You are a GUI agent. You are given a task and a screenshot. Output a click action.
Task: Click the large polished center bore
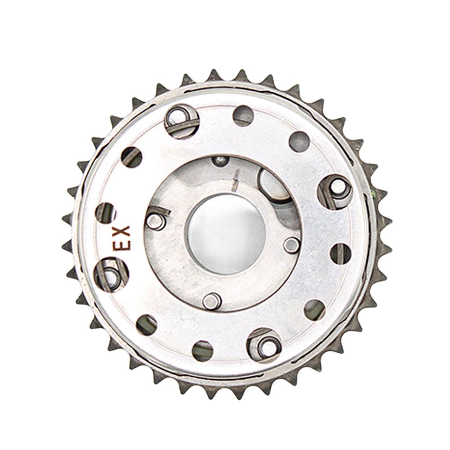pos(227,234)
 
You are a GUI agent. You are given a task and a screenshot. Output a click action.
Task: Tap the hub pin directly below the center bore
pos(211,301)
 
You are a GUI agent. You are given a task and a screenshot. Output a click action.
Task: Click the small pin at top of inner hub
pos(220,161)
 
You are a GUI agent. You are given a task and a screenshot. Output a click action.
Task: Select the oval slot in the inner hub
pos(274,184)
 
